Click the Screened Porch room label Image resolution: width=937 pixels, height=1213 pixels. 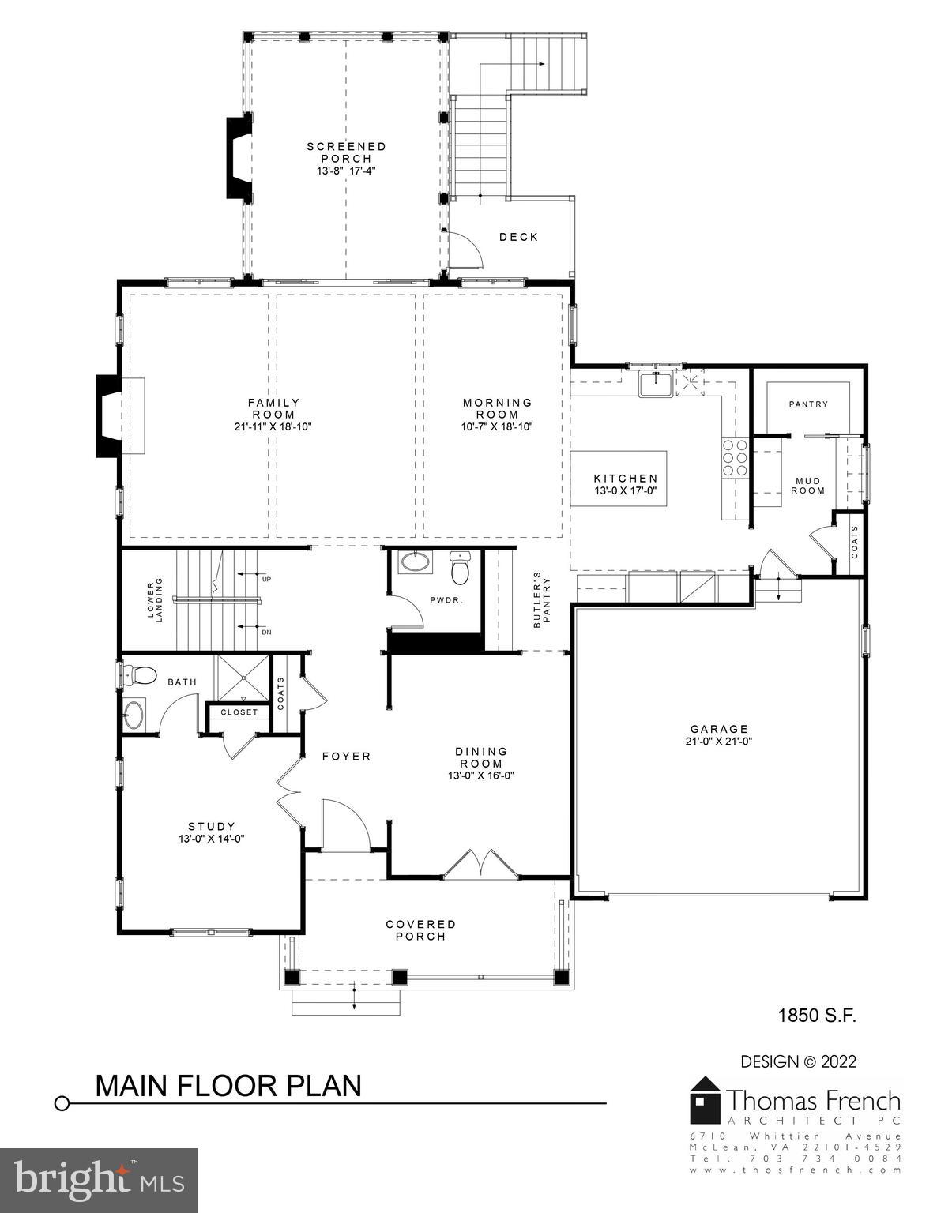(346, 152)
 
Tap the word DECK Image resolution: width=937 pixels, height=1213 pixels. (518, 237)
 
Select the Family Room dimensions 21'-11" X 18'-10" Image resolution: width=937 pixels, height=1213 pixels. (273, 427)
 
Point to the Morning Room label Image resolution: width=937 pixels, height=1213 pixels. (497, 408)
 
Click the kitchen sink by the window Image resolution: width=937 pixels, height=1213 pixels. (656, 384)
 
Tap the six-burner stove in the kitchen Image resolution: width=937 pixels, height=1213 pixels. (735, 457)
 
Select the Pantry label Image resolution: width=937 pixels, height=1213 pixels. (808, 404)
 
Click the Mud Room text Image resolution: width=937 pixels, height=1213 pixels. (809, 486)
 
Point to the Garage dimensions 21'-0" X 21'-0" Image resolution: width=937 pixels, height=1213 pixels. (718, 742)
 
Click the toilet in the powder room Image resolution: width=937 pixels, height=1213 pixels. (460, 567)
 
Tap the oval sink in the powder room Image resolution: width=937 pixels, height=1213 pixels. (415, 562)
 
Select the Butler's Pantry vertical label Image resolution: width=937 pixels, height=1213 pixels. (541, 599)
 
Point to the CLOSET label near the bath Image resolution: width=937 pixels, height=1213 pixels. (239, 712)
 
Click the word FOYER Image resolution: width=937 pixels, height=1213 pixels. (346, 757)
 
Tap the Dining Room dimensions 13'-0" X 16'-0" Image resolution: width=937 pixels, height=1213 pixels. (480, 775)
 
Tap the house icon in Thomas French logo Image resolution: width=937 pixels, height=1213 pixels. (706, 1098)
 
